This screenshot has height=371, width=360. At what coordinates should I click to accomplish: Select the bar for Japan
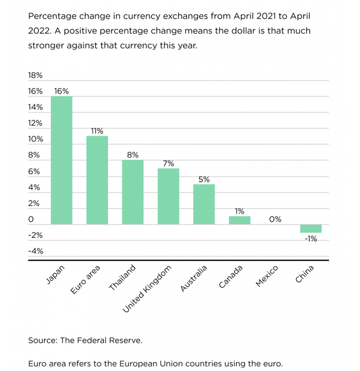click(61, 160)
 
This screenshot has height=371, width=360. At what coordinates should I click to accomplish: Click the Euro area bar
click(97, 180)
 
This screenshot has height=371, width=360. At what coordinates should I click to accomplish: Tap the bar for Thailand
click(133, 192)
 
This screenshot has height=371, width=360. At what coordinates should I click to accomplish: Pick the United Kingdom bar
click(168, 196)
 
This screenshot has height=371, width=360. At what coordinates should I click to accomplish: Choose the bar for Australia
click(204, 204)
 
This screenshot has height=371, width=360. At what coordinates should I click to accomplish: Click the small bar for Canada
click(240, 220)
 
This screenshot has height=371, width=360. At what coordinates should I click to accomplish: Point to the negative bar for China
click(311, 229)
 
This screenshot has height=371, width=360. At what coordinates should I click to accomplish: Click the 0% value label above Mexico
click(275, 219)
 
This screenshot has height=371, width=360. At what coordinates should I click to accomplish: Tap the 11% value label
click(97, 131)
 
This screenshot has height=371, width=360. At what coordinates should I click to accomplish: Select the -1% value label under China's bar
click(311, 239)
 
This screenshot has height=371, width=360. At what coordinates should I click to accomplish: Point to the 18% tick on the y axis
click(35, 75)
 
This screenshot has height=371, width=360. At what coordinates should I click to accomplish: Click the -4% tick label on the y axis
click(36, 251)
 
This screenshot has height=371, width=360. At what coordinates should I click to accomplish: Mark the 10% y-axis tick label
click(35, 139)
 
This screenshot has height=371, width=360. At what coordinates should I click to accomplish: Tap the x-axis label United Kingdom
click(147, 288)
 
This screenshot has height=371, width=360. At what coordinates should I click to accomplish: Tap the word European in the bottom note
click(137, 364)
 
